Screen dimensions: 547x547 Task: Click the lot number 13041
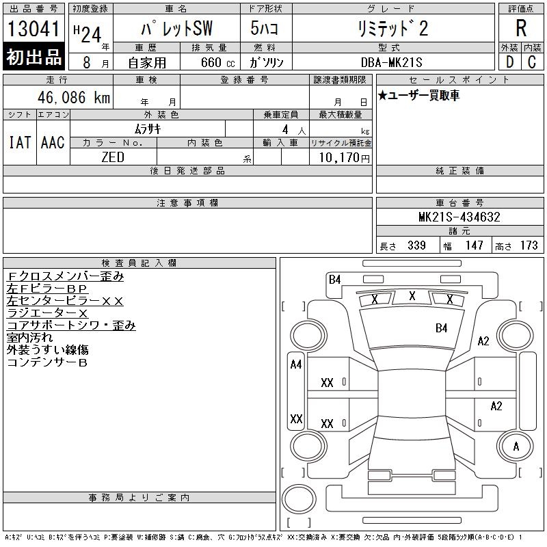(34, 29)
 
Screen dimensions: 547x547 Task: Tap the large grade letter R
(521, 29)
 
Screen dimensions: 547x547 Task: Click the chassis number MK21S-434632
(459, 217)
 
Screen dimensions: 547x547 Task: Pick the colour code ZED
(113, 157)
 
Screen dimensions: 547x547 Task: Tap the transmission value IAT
(19, 142)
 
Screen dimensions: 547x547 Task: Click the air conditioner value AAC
(53, 142)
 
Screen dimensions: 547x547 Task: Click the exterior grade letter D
(509, 62)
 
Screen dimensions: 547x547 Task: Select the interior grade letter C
(531, 62)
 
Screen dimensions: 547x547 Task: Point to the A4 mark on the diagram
(296, 364)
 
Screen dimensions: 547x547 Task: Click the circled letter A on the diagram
(516, 446)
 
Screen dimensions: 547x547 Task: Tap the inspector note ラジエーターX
(47, 313)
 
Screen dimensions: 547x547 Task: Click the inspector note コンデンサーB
(47, 362)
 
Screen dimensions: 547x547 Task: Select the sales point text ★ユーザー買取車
(418, 95)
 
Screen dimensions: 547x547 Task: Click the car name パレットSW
(176, 29)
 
